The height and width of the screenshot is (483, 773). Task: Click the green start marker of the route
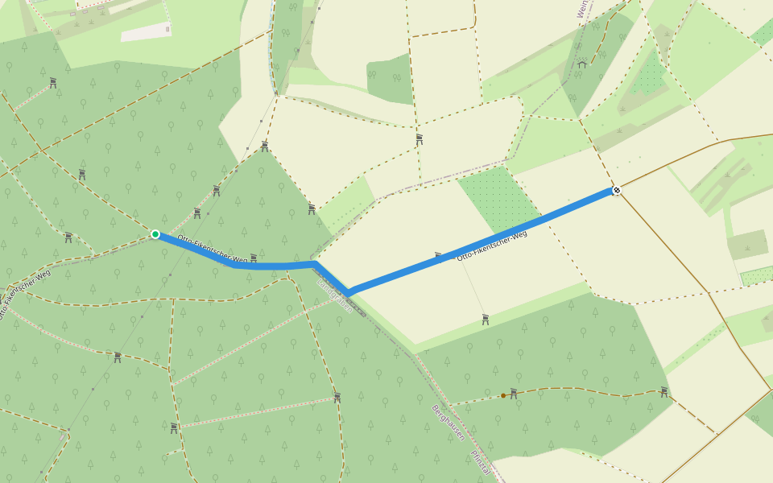pos(155,234)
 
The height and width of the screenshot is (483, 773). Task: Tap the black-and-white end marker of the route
pos(617,190)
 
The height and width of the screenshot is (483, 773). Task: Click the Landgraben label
pos(335,294)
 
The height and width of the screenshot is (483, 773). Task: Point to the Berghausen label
pos(449,422)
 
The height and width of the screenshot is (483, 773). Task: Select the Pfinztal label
pos(481,462)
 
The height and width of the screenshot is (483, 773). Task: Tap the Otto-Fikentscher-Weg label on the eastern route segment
pos(491,246)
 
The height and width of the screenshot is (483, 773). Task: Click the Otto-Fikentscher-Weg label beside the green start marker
pos(212,249)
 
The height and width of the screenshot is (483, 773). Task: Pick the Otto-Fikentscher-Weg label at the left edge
pos(25,294)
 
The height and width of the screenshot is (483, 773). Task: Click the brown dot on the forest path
pos(503,395)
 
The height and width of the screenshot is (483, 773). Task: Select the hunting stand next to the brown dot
pos(514,393)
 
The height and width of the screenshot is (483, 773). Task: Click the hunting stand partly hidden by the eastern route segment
pos(439,257)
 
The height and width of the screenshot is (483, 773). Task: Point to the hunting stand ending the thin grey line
pos(486,320)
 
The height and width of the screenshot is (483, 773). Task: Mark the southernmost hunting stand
pos(174,427)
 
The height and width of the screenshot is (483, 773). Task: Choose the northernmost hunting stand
pos(53,82)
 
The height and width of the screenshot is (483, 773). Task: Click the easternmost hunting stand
pos(664,392)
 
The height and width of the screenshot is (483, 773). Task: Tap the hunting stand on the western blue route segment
pos(254,258)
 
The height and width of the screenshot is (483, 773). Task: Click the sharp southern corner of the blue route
pos(348,291)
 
